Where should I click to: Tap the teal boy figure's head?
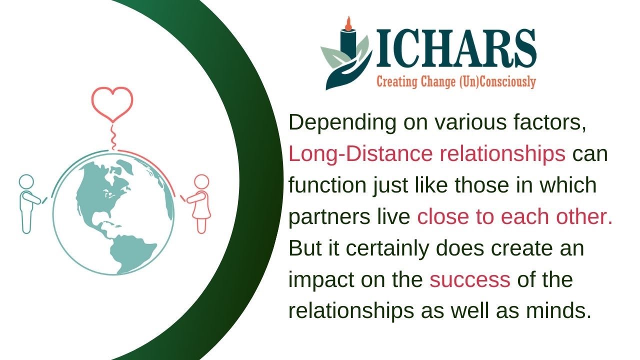pyautogui.click(x=25, y=181)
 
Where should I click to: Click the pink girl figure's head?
pyautogui.click(x=201, y=181)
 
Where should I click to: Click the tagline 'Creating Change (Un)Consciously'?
pyautogui.click(x=456, y=81)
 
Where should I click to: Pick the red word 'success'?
pyautogui.click(x=470, y=279)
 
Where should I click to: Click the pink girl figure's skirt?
pyautogui.click(x=201, y=209)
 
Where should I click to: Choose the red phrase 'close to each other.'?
pyautogui.click(x=515, y=217)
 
